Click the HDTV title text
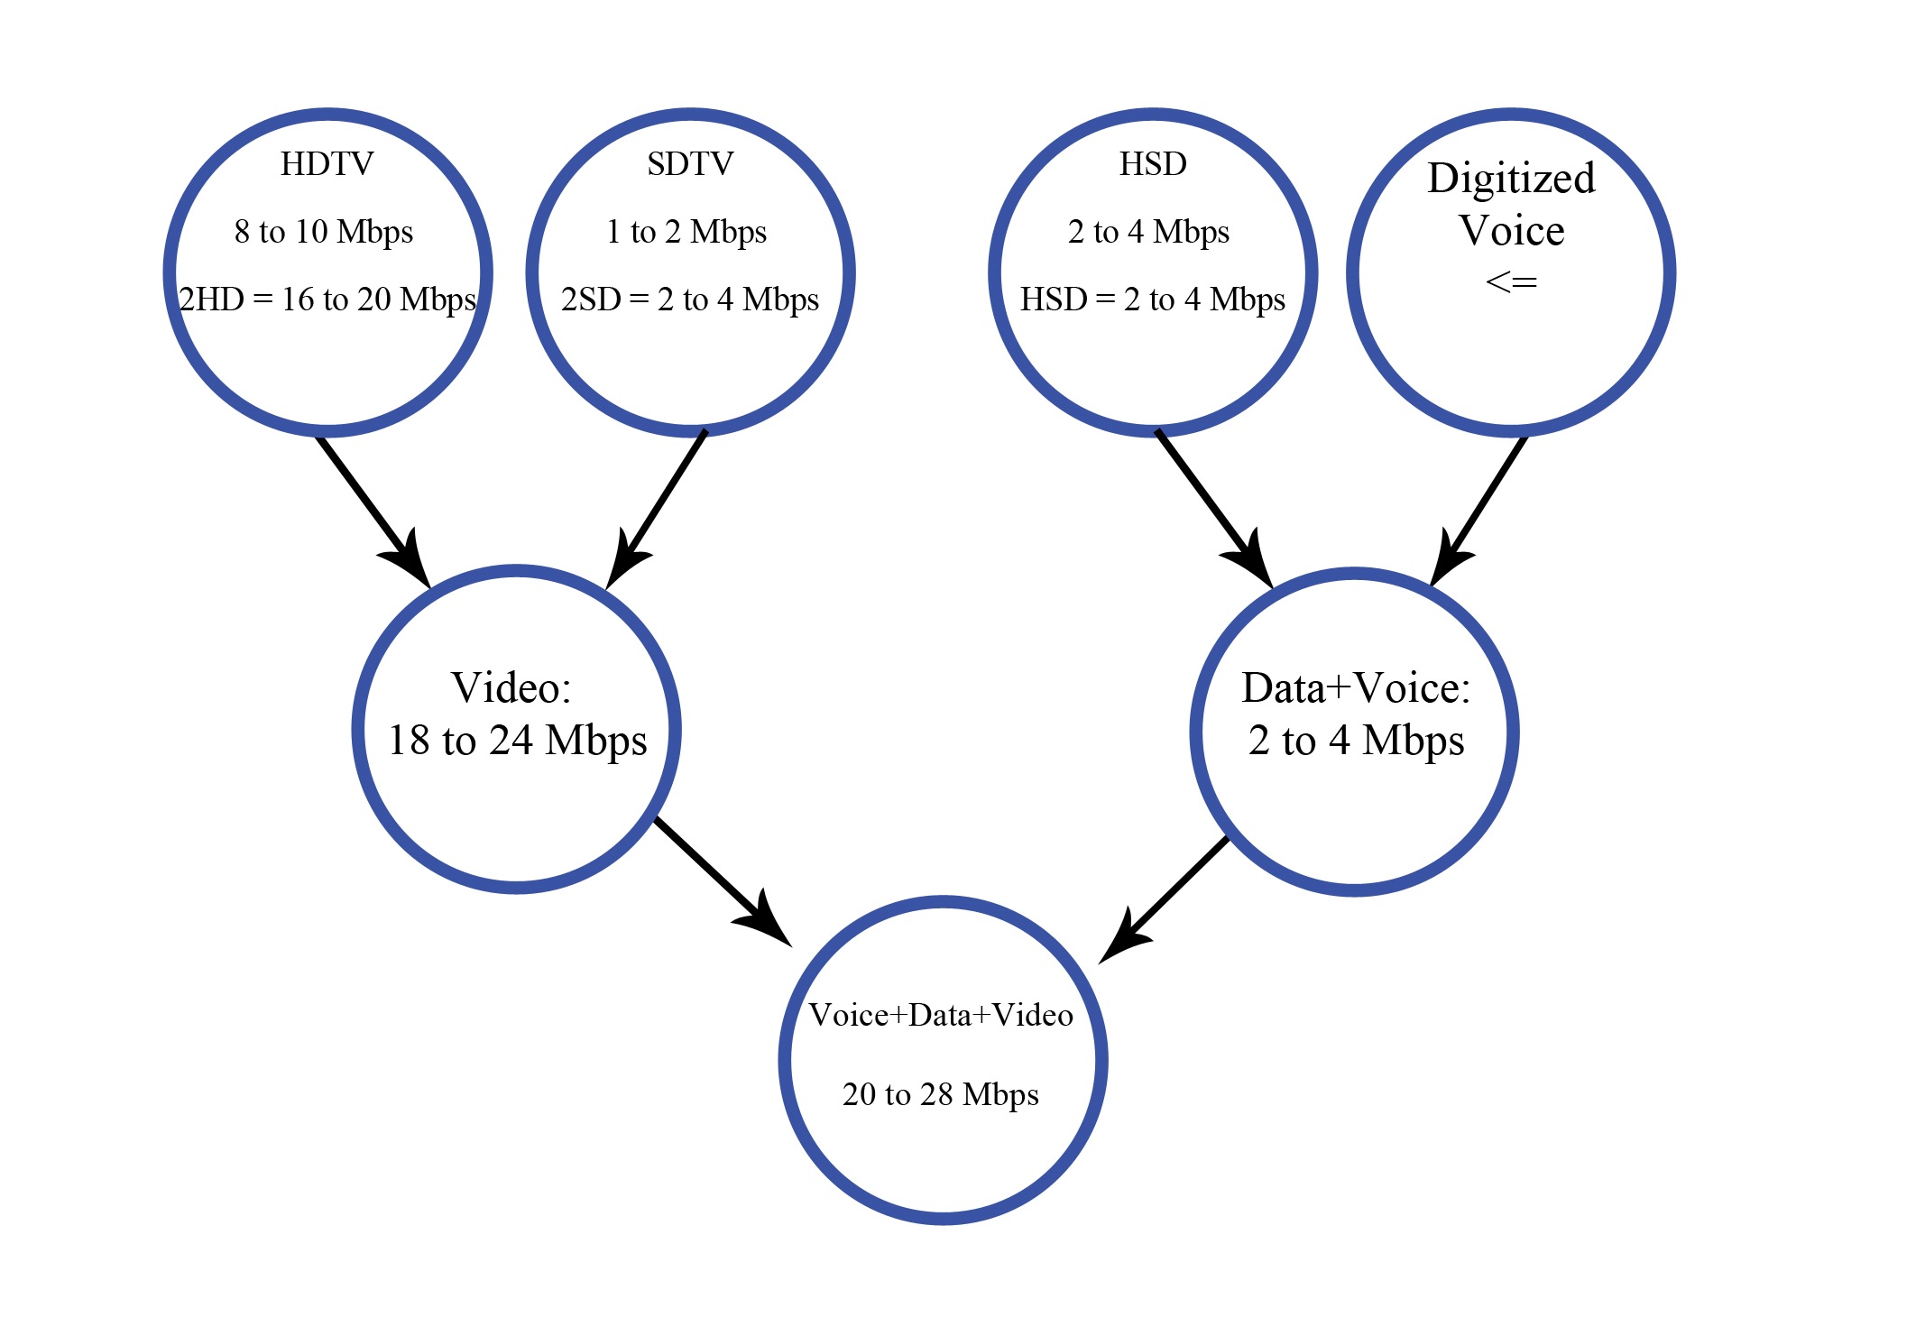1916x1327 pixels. coord(327,164)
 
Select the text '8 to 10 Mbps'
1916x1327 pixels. coord(324,232)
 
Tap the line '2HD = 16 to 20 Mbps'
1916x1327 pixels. coord(327,299)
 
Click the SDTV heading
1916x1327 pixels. coord(690,164)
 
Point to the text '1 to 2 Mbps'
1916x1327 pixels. coord(686,232)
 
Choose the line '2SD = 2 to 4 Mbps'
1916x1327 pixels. coord(690,299)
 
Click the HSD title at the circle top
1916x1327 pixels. coord(1153,164)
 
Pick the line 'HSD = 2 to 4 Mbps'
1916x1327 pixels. coord(1153,299)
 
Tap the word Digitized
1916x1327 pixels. coord(1511,179)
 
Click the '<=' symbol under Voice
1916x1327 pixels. coord(1511,282)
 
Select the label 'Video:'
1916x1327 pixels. coord(511,688)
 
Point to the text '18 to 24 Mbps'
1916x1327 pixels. coord(518,741)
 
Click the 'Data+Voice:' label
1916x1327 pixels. coord(1356,688)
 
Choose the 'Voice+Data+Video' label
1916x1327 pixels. coord(941,1016)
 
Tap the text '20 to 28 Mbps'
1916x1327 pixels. coord(941,1094)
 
